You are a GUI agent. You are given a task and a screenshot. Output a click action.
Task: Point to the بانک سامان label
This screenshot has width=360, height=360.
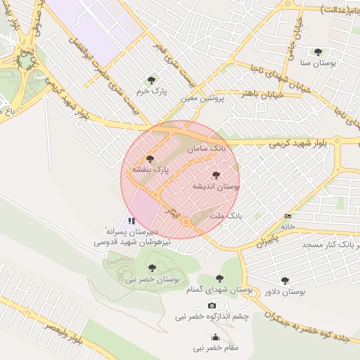point(207,148)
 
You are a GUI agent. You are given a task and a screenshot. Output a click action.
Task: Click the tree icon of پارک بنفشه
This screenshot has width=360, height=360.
point(149,159)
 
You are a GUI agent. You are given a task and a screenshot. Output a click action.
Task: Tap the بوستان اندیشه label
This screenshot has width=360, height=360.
point(216,187)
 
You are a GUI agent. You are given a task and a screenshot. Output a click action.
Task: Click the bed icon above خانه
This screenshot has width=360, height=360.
point(287,215)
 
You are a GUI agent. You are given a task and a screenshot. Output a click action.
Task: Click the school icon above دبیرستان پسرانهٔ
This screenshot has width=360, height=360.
point(131,221)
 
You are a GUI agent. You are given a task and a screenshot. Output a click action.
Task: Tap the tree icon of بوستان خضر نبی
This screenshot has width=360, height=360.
point(152,267)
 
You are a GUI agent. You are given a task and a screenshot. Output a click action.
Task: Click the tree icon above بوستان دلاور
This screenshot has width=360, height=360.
point(285,280)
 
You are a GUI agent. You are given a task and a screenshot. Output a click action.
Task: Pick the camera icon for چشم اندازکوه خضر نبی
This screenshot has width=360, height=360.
point(212,306)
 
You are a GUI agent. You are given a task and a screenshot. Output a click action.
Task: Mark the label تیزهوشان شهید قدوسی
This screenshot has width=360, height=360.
point(116,241)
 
